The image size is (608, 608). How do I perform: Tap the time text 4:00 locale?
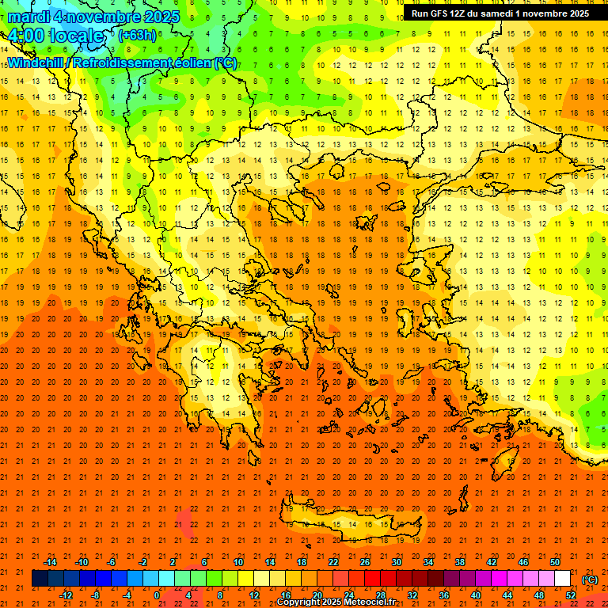pos(55,36)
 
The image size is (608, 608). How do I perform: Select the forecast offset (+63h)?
pos(137,36)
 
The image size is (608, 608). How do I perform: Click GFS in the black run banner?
pos(441,13)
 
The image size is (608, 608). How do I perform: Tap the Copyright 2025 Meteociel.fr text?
pos(336,602)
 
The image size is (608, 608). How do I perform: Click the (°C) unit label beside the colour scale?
pos(589,579)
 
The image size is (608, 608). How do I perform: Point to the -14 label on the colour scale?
pos(50,562)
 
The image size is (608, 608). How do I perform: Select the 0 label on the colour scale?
pos(157,596)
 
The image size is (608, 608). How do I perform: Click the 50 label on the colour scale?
pos(555,562)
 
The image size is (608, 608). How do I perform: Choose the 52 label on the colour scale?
pos(571,596)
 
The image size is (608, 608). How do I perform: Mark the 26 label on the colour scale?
pos(365,562)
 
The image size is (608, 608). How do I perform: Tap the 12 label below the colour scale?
pos(254,596)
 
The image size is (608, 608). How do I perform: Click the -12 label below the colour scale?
pos(66,596)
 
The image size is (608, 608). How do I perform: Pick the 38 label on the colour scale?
pos(460,562)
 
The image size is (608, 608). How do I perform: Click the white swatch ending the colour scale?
pos(563,579)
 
